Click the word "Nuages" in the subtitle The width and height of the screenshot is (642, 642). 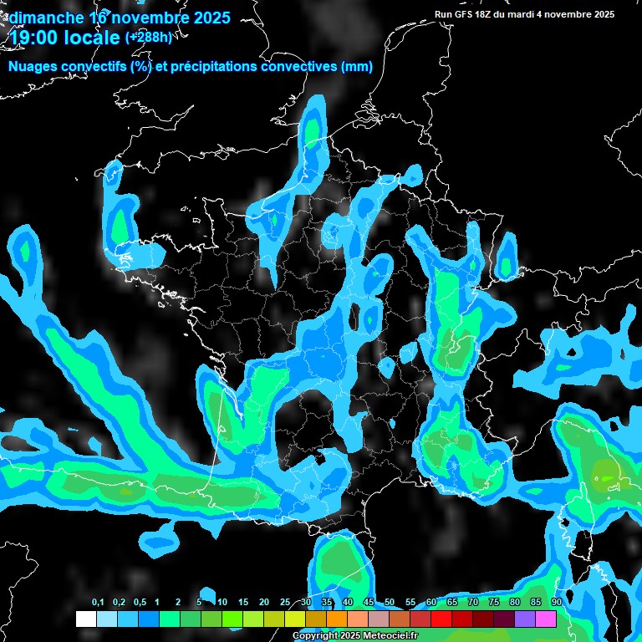36,67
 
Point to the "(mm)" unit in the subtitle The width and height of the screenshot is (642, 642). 356,67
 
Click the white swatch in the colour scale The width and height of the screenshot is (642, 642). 86,619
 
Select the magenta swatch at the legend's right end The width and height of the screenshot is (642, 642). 546,619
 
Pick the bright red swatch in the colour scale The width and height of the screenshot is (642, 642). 441,619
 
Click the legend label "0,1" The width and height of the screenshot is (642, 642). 98,603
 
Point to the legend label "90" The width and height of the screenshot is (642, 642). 556,603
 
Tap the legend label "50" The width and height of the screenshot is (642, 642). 390,603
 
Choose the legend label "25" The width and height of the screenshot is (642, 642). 285,603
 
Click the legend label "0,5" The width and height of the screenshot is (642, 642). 139,603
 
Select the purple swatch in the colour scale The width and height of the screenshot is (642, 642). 525,619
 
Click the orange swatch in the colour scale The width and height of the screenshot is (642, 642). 337,619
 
